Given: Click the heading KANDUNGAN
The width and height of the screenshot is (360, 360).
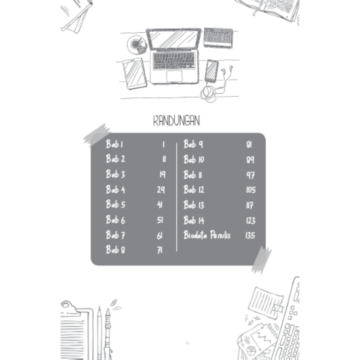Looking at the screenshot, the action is click(x=176, y=121).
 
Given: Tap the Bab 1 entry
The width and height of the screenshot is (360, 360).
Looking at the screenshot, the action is click(x=114, y=144).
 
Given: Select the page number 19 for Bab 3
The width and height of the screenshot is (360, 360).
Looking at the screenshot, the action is click(x=162, y=174).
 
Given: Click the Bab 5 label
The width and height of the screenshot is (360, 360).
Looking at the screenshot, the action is click(x=115, y=204).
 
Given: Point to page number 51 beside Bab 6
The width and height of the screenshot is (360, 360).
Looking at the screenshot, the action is click(x=160, y=220).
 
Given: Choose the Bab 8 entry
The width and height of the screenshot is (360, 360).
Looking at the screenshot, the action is click(x=115, y=250).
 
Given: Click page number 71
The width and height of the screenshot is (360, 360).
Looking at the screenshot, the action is click(x=160, y=250).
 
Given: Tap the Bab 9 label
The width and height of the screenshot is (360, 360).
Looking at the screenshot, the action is click(x=193, y=144).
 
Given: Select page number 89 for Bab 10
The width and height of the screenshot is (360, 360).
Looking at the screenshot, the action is click(x=250, y=160).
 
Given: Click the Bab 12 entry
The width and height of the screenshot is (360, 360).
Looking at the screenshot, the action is click(x=194, y=189).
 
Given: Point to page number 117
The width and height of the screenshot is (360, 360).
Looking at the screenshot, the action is click(x=250, y=205).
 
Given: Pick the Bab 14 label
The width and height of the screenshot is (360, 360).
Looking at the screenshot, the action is click(x=194, y=220).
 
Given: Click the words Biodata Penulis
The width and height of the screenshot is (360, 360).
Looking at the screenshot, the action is click(x=207, y=235).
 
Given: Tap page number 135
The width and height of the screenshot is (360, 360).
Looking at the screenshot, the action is click(x=250, y=235).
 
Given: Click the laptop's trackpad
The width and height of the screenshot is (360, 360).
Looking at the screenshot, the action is click(x=174, y=76).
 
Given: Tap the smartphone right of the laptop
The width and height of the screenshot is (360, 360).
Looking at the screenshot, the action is click(x=211, y=71).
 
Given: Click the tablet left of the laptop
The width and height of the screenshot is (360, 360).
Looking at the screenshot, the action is click(x=134, y=73).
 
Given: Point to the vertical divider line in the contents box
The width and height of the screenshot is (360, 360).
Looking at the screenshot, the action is click(x=176, y=197).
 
